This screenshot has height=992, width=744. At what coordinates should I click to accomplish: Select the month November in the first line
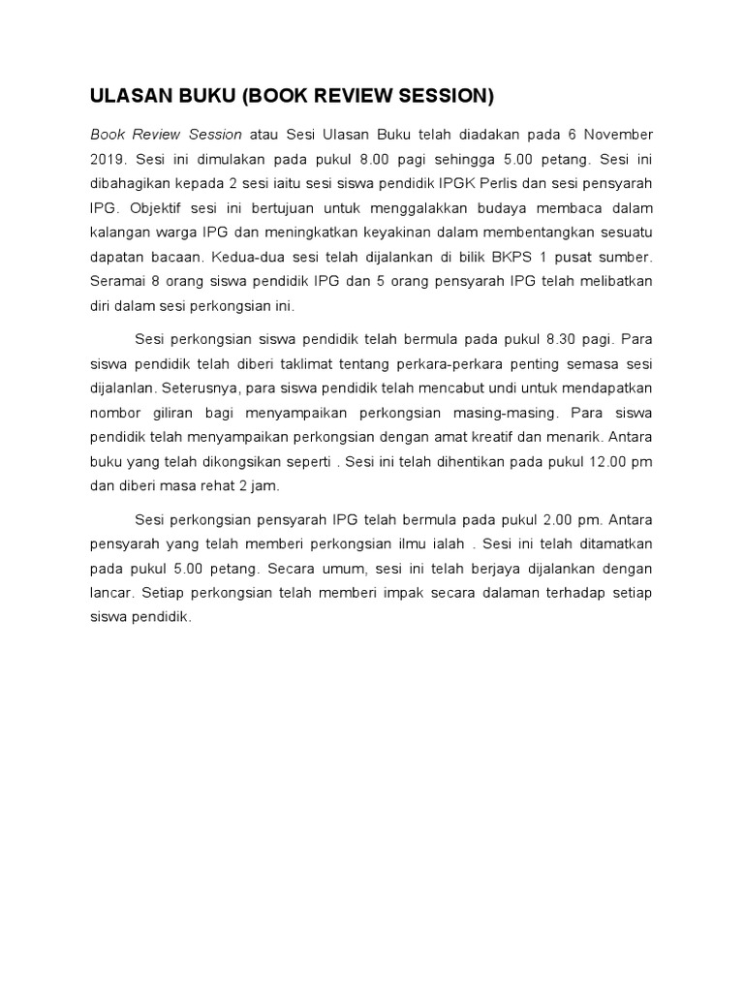pos(616,134)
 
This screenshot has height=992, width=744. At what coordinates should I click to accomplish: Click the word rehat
pos(218,487)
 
